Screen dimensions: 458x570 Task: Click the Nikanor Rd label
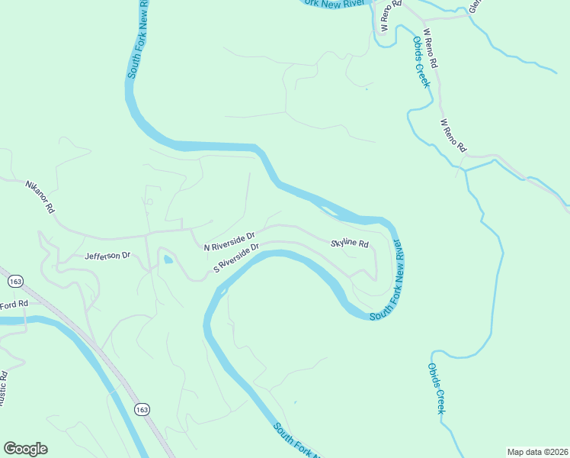point(40,196)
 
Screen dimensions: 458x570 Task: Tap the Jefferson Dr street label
point(108,256)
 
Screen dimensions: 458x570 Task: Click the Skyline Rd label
point(350,244)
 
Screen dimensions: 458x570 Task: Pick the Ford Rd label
point(14,305)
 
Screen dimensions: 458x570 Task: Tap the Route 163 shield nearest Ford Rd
point(14,282)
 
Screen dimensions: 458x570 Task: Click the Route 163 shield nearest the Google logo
point(141,410)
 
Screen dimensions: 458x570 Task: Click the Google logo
point(25,449)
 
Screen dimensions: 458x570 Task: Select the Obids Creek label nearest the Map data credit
point(436,389)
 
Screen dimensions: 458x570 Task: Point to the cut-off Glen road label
point(476,6)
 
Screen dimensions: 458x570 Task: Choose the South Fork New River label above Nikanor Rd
point(138,38)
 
